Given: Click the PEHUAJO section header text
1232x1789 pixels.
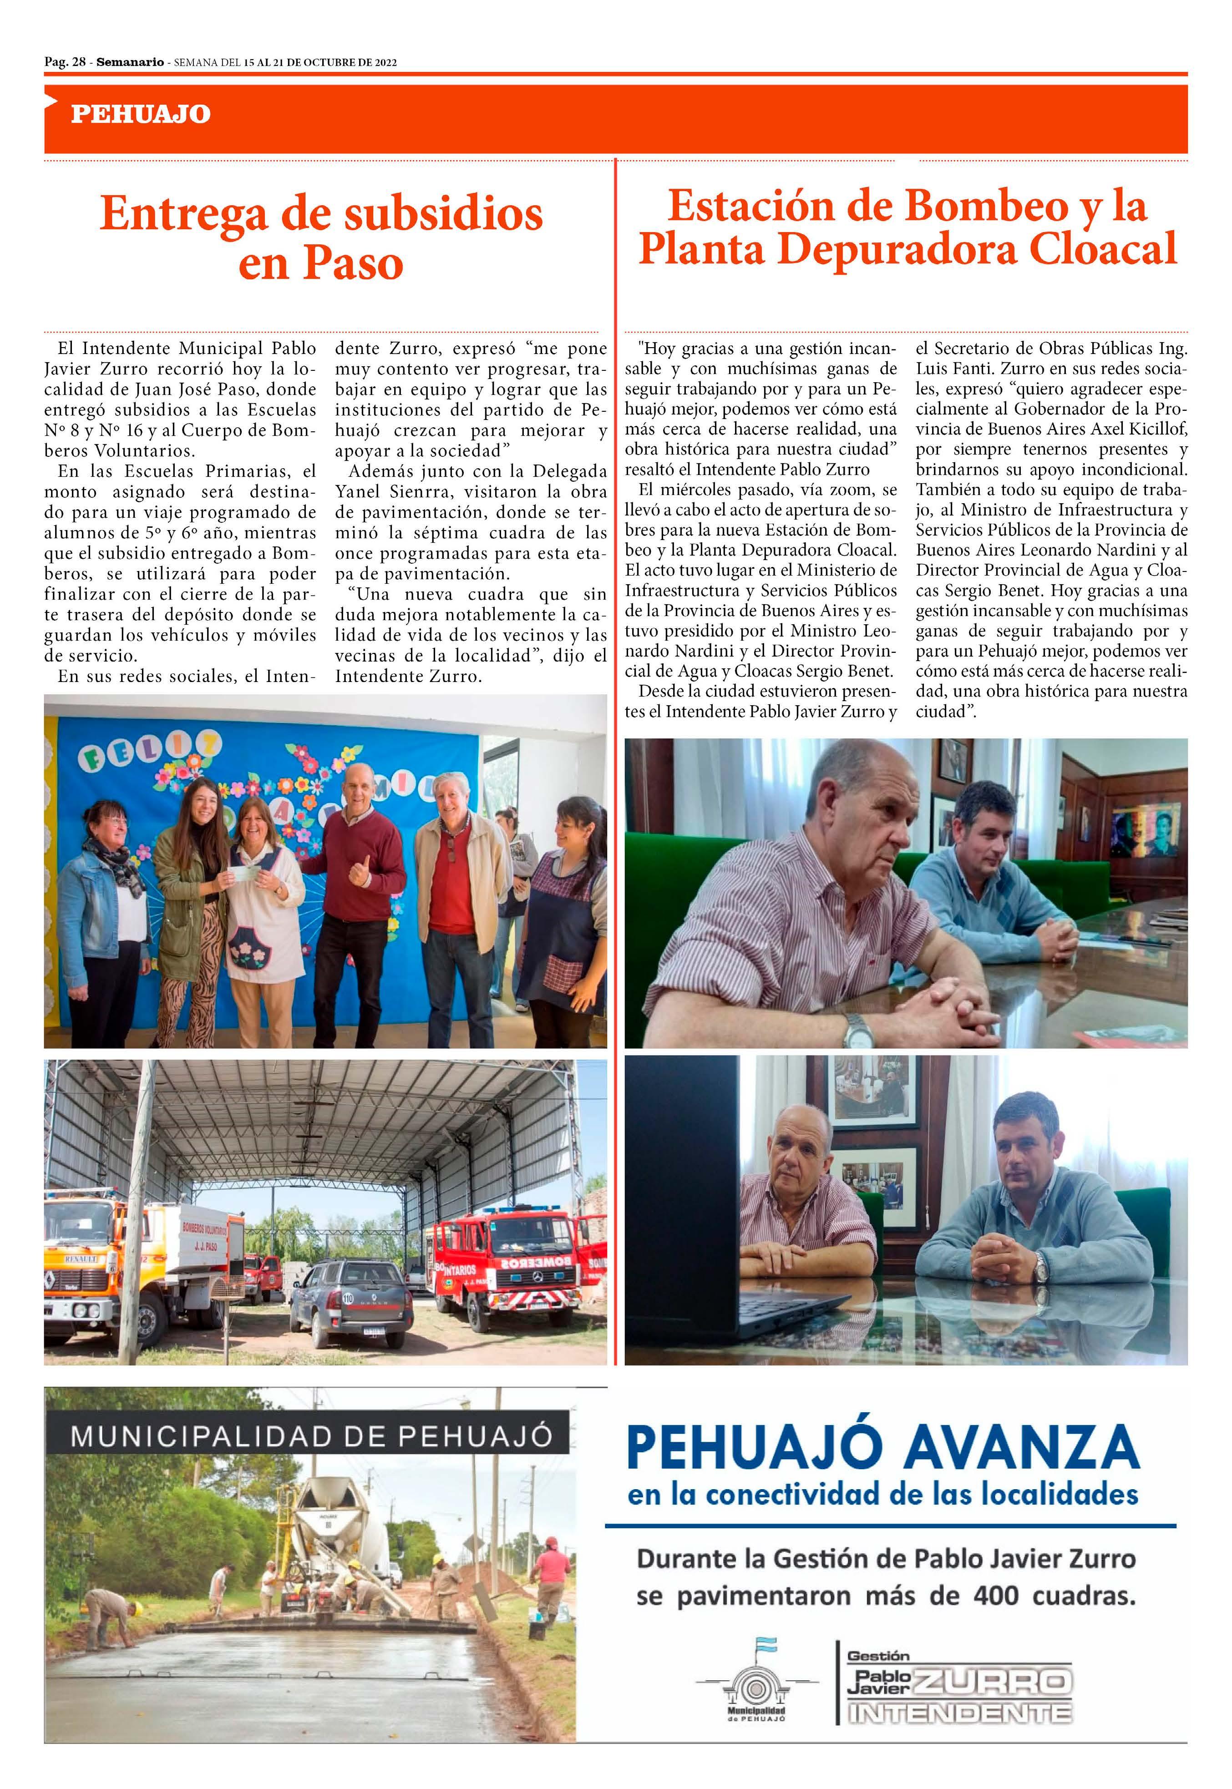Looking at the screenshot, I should point(141,114).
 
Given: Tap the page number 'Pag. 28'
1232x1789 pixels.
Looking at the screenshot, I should point(65,62).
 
